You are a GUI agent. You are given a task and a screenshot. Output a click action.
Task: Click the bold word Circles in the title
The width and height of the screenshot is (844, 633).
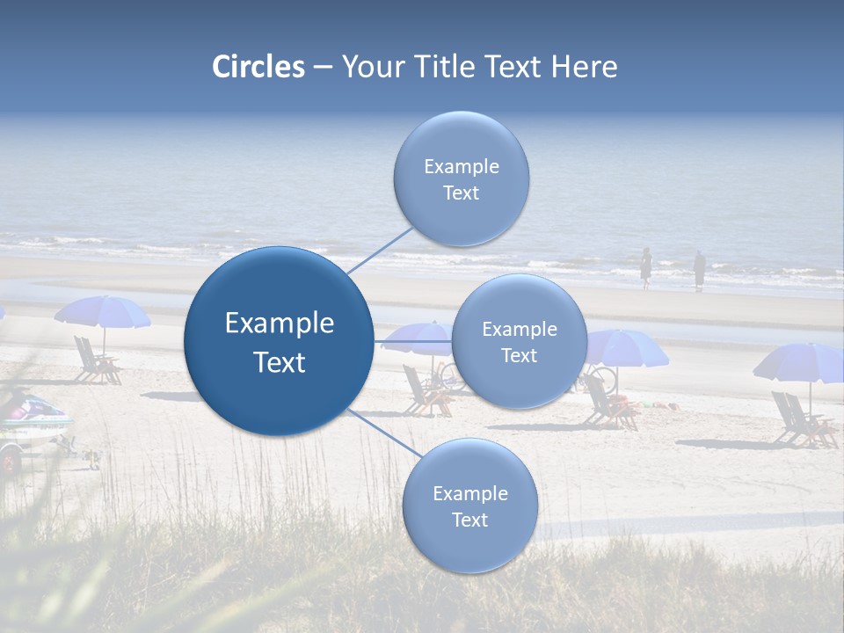point(258,67)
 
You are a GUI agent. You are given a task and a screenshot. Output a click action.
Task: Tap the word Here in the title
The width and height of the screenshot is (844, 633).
point(584,67)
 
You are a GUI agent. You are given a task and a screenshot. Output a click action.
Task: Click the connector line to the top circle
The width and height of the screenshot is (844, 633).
point(380,250)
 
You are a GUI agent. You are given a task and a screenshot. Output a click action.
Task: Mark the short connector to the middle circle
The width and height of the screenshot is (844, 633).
point(412,341)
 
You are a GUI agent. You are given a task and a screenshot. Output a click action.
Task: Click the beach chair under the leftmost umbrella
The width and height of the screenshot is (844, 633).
point(94,360)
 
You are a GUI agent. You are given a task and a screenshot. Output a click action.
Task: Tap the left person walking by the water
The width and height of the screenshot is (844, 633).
point(645,267)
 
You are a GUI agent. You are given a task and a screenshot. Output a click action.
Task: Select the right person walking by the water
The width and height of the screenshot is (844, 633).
point(699,270)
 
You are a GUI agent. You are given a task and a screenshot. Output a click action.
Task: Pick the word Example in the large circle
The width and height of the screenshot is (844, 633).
point(280,324)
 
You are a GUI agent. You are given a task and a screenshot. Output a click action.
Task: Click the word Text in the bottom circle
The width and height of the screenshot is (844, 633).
point(469,520)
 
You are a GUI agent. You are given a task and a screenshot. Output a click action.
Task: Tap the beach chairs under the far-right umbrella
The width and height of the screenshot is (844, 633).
point(800,420)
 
